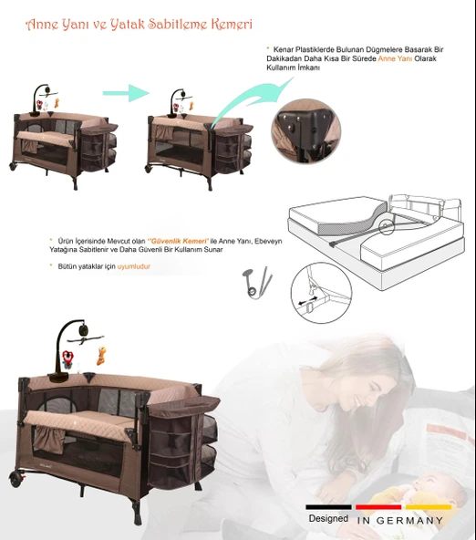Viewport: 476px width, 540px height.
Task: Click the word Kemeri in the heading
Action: tap(231, 23)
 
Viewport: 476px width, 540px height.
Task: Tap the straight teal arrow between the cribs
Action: tap(125, 93)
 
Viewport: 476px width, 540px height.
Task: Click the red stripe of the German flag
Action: tap(378, 505)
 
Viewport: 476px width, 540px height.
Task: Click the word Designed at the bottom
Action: tap(327, 518)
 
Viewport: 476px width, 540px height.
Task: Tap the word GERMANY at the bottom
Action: tap(411, 521)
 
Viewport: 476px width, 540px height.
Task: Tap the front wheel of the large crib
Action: tap(23, 477)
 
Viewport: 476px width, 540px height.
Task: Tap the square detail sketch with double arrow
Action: tap(320, 287)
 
